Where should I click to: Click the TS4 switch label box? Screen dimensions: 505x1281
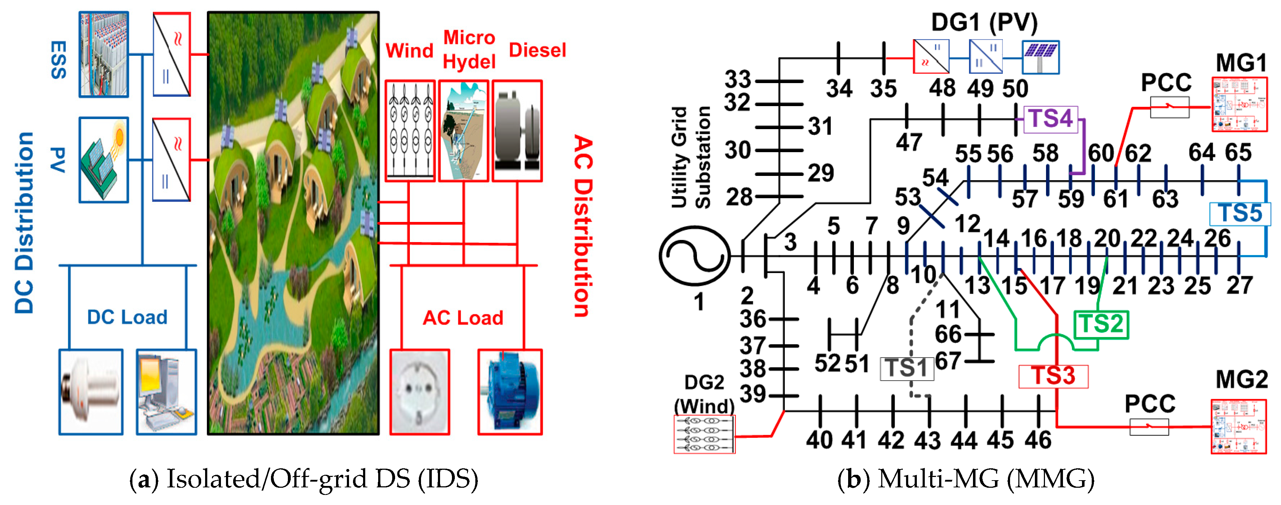1050,119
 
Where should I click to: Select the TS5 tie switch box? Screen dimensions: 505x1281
1240,214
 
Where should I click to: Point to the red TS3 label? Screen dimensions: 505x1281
1053,376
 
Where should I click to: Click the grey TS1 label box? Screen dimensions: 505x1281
906,369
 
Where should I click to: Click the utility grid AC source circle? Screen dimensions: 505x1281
695,255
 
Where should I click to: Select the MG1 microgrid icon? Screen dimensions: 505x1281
1239,104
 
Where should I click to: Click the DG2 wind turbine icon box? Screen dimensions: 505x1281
704,434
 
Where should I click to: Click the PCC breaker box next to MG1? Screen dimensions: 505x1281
1169,107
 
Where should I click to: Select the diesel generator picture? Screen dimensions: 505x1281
517,131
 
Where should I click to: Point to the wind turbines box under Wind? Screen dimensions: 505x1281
410,131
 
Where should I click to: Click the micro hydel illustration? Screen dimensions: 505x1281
463,131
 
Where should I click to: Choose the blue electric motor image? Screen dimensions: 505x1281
510,392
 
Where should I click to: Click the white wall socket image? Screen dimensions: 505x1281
420,392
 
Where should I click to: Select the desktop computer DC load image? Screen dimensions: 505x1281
166,392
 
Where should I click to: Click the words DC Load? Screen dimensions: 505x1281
127,317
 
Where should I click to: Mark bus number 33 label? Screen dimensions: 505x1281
737,79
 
